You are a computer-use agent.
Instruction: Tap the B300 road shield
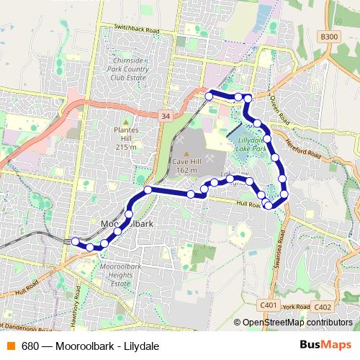tap(329, 37)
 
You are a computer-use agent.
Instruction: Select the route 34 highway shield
tap(166, 115)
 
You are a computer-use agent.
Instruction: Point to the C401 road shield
tap(269, 305)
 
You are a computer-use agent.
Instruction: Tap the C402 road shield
tap(323, 307)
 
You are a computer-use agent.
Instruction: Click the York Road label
tap(296, 307)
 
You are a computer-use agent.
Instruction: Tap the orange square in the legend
tap(10, 346)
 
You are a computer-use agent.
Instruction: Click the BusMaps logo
tap(325, 345)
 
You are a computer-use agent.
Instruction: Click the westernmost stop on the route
tap(75, 241)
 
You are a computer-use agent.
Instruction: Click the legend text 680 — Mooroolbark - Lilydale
tap(90, 346)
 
